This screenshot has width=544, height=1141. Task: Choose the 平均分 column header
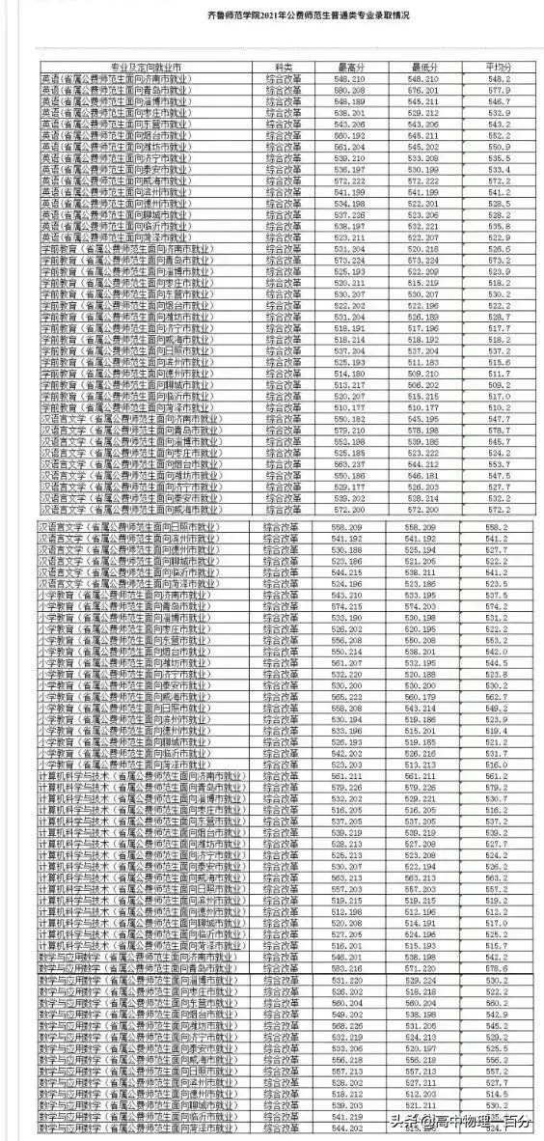[498, 67]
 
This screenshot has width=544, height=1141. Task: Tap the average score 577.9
[498, 89]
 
